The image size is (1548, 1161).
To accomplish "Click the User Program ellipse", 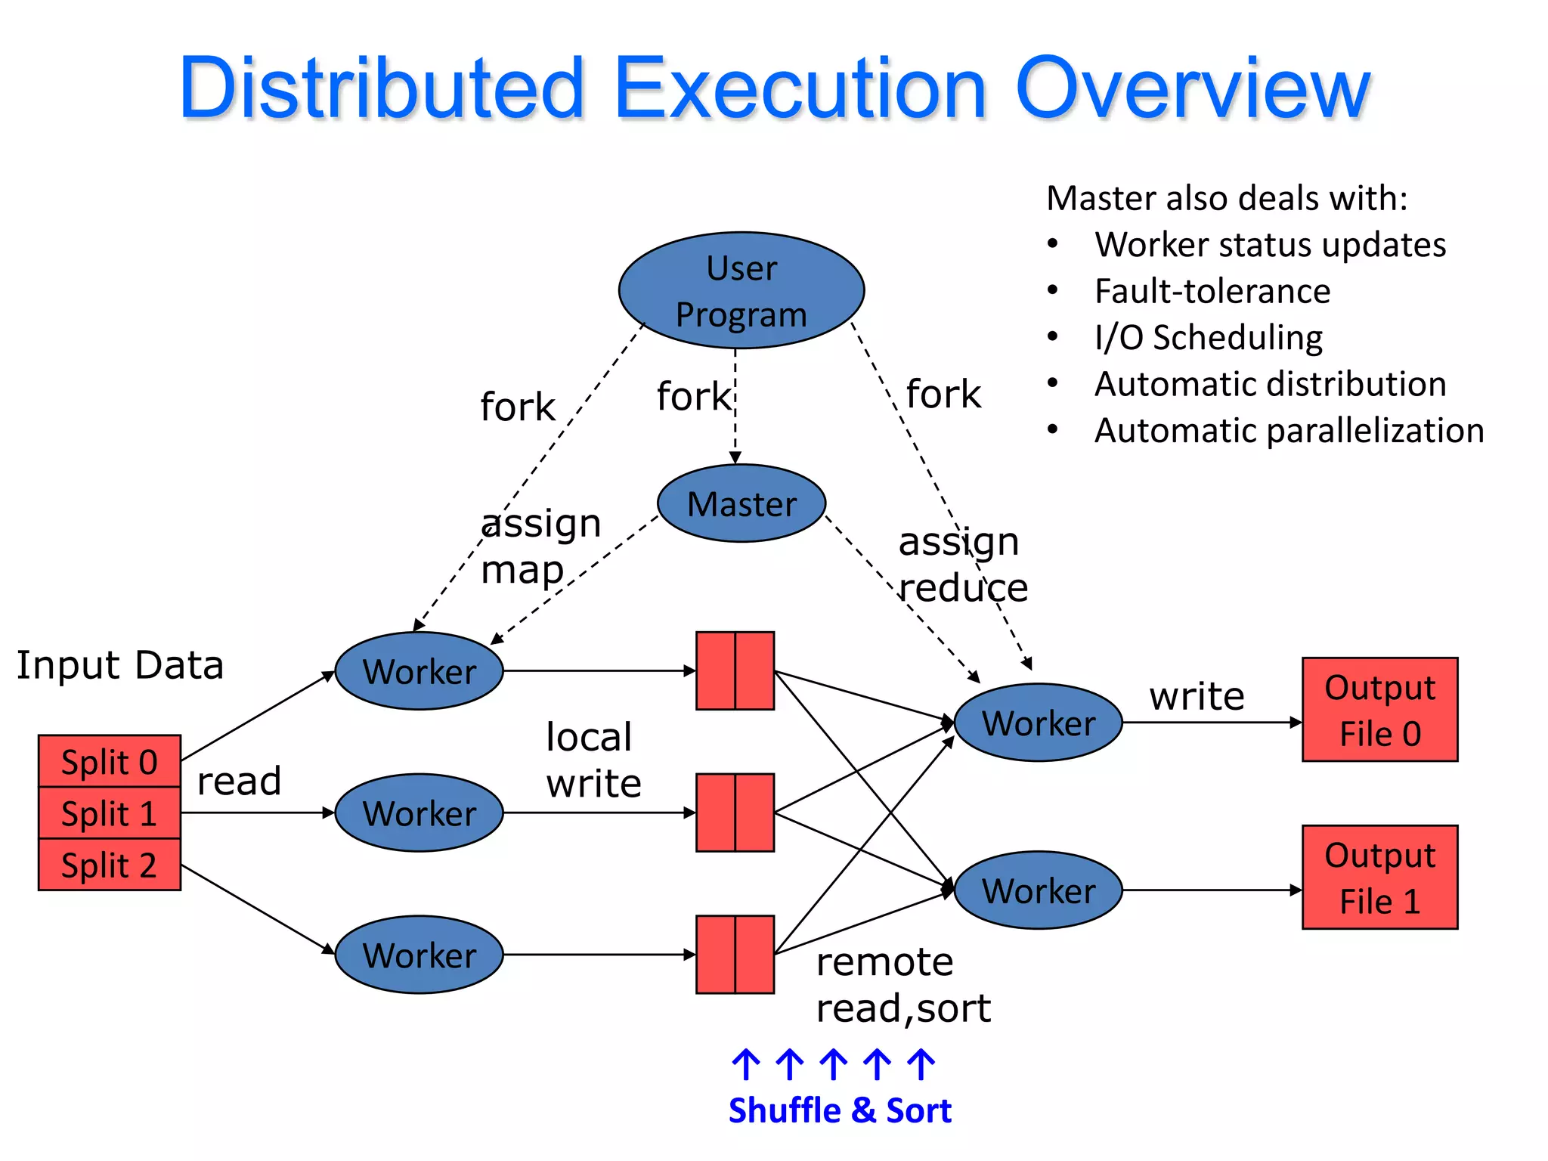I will point(741,290).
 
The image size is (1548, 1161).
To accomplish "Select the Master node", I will point(741,503).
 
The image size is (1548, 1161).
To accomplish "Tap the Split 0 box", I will point(109,761).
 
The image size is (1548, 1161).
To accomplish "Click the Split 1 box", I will point(109,813).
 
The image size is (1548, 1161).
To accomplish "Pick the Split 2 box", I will point(109,865).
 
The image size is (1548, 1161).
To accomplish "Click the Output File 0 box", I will point(1379,710).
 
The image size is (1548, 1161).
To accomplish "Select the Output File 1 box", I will point(1379,878).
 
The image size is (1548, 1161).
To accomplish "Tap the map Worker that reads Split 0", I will point(419,671).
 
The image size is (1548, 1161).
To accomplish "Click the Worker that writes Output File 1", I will point(1038,890).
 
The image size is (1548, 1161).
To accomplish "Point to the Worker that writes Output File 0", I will point(1038,723).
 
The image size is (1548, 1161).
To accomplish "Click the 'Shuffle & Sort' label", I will point(839,1110).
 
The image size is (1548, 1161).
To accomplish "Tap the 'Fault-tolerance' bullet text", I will point(1212,291).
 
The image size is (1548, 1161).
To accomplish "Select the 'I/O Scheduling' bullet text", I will point(1208,337).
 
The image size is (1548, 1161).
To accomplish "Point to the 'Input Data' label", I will point(120,665).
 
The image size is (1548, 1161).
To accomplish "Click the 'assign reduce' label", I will point(961,565).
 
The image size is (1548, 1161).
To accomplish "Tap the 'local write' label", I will point(593,760).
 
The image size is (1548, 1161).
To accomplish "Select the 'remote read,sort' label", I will point(902,985).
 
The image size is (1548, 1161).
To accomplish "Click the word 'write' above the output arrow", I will point(1197,695).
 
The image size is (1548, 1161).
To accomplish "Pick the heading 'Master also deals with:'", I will point(1227,198).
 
